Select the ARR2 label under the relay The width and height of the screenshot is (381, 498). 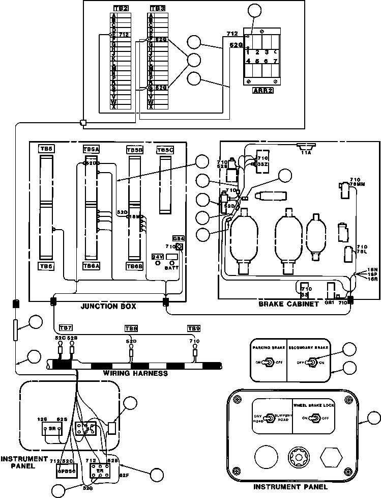(x=261, y=90)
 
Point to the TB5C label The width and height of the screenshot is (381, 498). (x=165, y=150)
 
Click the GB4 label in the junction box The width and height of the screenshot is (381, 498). (x=178, y=238)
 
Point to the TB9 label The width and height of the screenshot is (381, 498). (x=194, y=328)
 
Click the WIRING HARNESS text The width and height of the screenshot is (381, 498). (x=135, y=373)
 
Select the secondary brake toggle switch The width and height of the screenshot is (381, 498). (x=314, y=363)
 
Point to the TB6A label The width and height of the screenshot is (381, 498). (x=91, y=266)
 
